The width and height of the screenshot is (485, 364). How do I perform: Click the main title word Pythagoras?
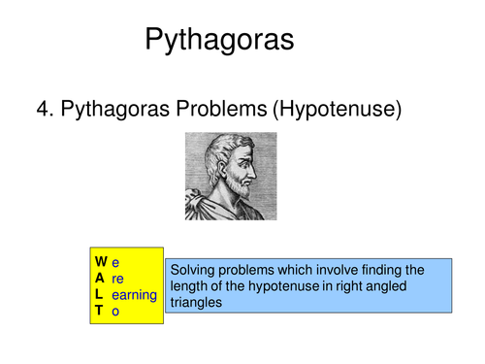coord(218,40)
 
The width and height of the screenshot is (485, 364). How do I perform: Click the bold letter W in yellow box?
coord(101,262)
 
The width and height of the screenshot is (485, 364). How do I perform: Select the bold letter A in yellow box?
coord(100,278)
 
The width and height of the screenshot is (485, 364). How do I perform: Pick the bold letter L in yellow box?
coord(99,294)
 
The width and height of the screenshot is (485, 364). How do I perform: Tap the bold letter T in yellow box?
coord(99,310)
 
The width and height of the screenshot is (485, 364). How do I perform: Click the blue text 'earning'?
coord(134,294)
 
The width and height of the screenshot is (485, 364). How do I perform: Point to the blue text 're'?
coord(117,278)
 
